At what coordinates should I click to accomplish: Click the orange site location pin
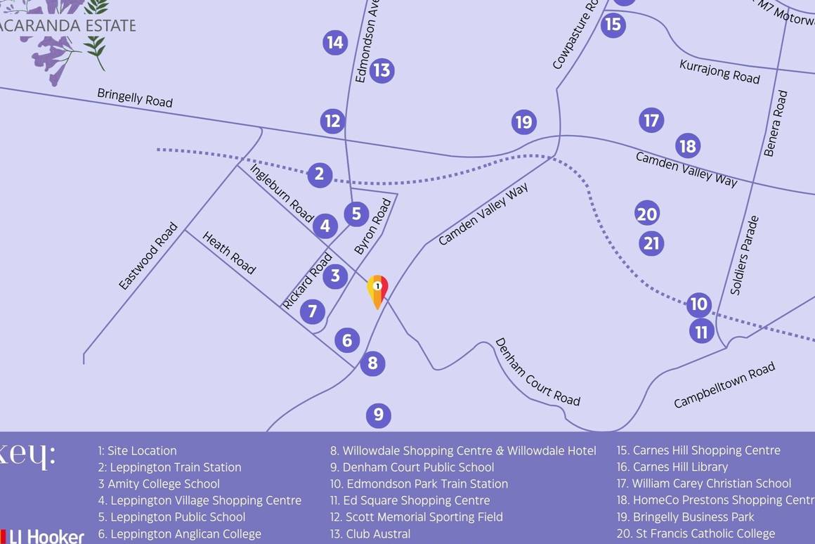pyautogui.click(x=377, y=290)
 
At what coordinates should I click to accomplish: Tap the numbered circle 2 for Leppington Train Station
pyautogui.click(x=319, y=174)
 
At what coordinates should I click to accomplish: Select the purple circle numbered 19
pyautogui.click(x=523, y=122)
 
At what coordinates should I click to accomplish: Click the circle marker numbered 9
pyautogui.click(x=378, y=415)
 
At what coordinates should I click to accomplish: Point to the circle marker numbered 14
pyautogui.click(x=335, y=43)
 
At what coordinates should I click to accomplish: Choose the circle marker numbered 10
pyautogui.click(x=698, y=304)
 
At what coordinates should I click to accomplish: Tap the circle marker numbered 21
pyautogui.click(x=651, y=244)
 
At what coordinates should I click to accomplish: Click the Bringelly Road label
pyautogui.click(x=135, y=98)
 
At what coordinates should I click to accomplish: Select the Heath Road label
pyautogui.click(x=229, y=252)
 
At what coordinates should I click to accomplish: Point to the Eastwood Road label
pyautogui.click(x=148, y=257)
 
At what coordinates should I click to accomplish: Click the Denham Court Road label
pyautogui.click(x=537, y=373)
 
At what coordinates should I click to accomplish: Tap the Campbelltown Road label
pyautogui.click(x=724, y=384)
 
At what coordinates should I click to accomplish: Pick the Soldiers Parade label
pyautogui.click(x=745, y=255)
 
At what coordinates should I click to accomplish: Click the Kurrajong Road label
pyautogui.click(x=719, y=71)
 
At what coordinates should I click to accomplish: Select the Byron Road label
pyautogui.click(x=372, y=226)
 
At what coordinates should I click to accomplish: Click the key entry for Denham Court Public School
pyautogui.click(x=412, y=467)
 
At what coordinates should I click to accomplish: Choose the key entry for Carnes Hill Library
pyautogui.click(x=672, y=467)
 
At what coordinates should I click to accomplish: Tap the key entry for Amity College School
pyautogui.click(x=159, y=484)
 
